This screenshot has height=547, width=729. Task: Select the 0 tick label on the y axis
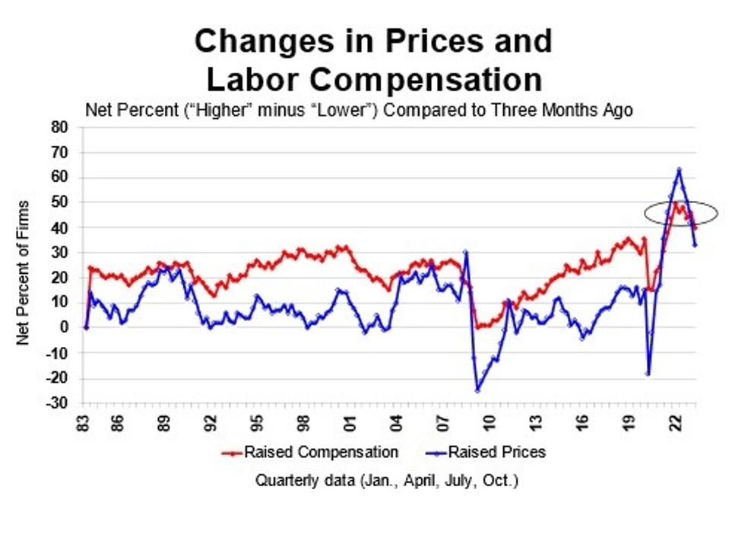[65, 328]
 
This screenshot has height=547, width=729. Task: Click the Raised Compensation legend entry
[312, 453]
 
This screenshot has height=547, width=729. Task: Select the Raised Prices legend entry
[487, 453]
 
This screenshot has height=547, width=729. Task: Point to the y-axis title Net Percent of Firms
[24, 272]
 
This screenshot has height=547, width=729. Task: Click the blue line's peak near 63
[679, 170]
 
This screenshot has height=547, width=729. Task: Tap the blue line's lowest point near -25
[477, 390]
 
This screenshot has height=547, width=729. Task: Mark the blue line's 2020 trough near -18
[648, 373]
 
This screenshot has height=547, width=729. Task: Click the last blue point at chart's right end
[695, 245]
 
